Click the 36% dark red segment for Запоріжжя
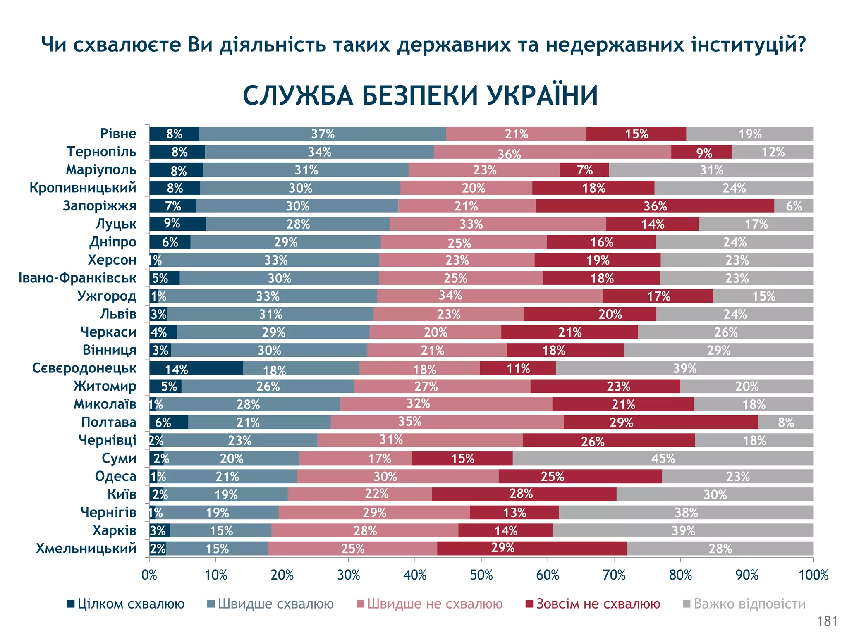click(655, 206)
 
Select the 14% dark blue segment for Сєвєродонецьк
click(196, 368)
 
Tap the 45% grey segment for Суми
click(663, 458)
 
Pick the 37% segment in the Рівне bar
click(323, 134)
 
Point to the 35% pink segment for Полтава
click(447, 423)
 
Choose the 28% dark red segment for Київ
click(524, 494)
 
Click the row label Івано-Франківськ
click(77, 278)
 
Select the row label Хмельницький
click(86, 549)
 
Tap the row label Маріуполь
click(101, 170)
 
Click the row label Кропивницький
click(83, 188)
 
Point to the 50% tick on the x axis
click(481, 559)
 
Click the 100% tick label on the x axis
click(813, 575)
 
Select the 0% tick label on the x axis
click(149, 575)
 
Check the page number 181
click(827, 621)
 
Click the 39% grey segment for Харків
click(683, 531)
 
